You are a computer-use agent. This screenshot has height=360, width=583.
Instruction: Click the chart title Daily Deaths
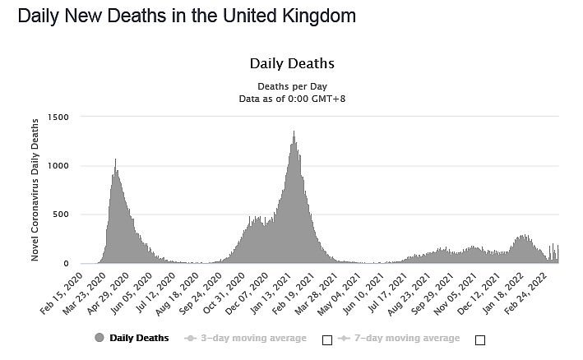pyautogui.click(x=291, y=63)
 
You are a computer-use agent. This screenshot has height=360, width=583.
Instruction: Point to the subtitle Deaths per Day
pyautogui.click(x=291, y=85)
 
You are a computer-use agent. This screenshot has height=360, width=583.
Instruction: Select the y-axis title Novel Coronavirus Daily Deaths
pyautogui.click(x=35, y=190)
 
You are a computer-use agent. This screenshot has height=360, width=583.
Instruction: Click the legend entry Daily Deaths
pyautogui.click(x=139, y=338)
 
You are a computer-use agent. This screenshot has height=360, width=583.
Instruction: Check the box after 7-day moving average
pyautogui.click(x=480, y=339)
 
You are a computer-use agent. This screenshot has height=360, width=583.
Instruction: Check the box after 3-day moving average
pyautogui.click(x=326, y=339)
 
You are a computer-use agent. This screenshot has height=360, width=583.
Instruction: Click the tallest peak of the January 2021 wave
pyautogui.click(x=294, y=132)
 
